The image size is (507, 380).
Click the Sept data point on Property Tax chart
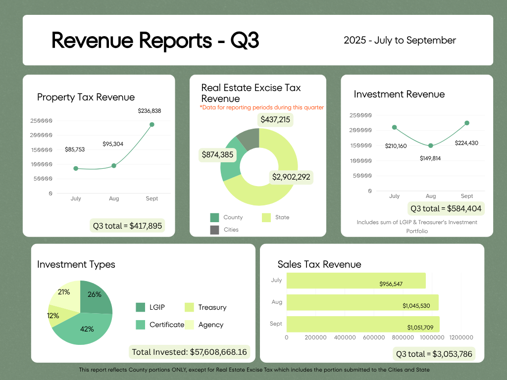click(x=152, y=125)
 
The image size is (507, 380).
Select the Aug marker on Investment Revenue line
click(x=431, y=145)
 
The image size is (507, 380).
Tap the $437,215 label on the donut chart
click(x=276, y=120)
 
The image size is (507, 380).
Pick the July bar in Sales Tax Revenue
click(x=355, y=281)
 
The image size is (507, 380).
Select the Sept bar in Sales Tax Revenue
click(x=362, y=324)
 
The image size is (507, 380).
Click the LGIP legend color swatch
click(x=141, y=307)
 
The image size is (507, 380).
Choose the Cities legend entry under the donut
click(x=214, y=230)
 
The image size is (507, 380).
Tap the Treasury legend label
click(x=212, y=307)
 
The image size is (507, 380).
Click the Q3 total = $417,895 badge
click(x=127, y=226)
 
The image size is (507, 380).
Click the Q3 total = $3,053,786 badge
click(x=434, y=354)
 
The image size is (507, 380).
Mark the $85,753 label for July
click(x=75, y=149)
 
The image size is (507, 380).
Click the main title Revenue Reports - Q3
click(x=155, y=41)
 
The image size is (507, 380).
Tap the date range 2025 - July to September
click(x=400, y=41)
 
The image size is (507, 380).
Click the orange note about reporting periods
click(x=261, y=107)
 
